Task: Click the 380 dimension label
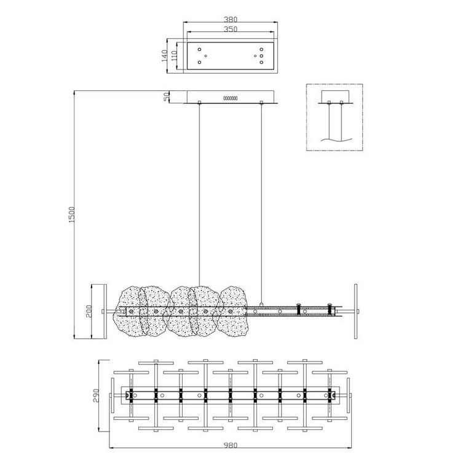pyautogui.click(x=231, y=20)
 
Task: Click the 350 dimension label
pyautogui.click(x=231, y=29)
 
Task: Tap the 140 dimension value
pyautogui.click(x=164, y=56)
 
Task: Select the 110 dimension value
pyautogui.click(x=174, y=56)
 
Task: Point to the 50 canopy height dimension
pyautogui.click(x=167, y=97)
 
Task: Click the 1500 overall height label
pyautogui.click(x=72, y=215)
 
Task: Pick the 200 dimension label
pyautogui.click(x=89, y=311)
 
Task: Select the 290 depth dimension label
pyautogui.click(x=97, y=395)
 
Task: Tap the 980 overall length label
pyautogui.click(x=231, y=445)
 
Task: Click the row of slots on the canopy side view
pyautogui.click(x=231, y=98)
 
